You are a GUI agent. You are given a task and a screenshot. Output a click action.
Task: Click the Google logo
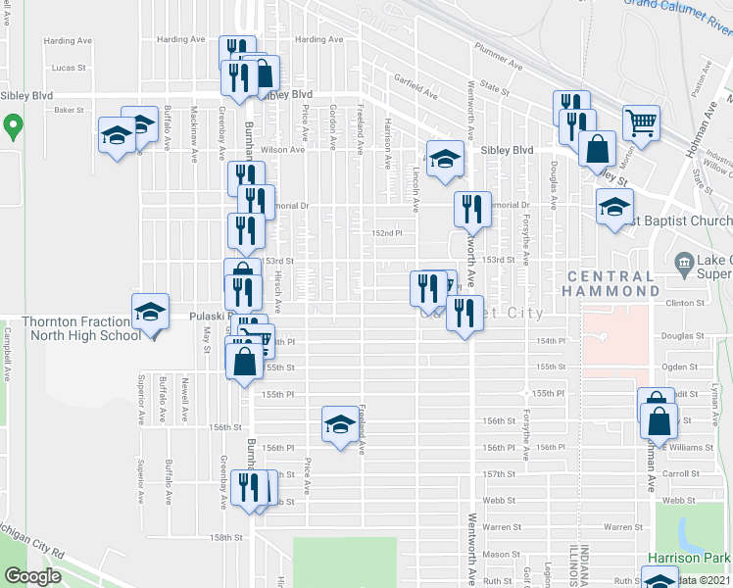32,576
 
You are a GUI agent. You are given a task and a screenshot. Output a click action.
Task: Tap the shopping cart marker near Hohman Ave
642,123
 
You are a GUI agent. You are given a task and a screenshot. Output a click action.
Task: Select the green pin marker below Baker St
13,126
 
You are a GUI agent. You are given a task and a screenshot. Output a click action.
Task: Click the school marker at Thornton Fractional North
150,313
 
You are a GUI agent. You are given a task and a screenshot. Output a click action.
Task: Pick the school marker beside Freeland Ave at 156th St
339,424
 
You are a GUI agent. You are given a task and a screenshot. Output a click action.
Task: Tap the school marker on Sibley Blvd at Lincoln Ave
445,159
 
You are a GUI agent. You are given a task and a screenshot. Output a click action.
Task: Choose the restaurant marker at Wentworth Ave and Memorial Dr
472,209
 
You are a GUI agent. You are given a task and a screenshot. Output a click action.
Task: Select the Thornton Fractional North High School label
80,328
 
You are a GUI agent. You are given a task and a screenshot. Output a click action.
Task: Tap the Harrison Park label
690,558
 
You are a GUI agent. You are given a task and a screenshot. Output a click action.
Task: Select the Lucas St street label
70,68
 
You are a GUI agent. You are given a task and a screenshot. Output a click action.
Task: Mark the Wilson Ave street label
283,150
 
